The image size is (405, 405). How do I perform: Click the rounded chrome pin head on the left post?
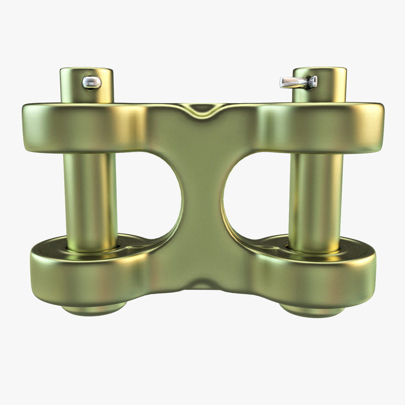(x=92, y=82)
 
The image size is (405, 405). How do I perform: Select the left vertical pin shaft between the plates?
(x=90, y=199)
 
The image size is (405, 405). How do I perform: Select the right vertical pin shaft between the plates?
(x=316, y=199)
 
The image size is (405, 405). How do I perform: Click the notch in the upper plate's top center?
(x=202, y=109)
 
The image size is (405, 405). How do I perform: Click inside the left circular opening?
(x=150, y=195)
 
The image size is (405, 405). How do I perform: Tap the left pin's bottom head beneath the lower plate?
(x=94, y=309)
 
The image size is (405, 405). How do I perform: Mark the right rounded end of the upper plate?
(x=375, y=127)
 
